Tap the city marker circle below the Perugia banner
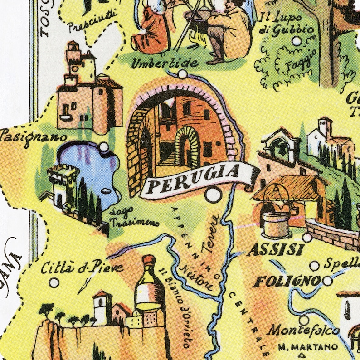pos(212,195)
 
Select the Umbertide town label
pos(165,63)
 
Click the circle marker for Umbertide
pos(182,74)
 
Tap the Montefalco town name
pos(303,330)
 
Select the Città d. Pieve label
pos(82,268)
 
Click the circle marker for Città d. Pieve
pos(54,282)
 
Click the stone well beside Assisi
pos(275,222)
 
